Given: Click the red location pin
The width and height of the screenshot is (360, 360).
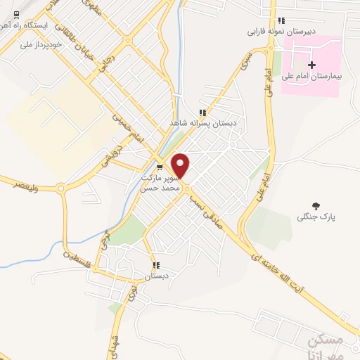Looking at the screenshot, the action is pos(181,165).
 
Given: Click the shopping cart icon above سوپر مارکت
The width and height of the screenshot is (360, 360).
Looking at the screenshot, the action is pos(160,167).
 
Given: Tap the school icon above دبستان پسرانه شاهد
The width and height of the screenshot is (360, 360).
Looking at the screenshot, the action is pos(202,112).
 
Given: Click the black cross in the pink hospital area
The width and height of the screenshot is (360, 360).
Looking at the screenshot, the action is pos(312,65).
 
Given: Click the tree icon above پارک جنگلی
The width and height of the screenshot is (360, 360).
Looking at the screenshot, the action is pos(315,206).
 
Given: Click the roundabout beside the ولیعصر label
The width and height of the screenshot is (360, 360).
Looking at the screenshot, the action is pos(60,188).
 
